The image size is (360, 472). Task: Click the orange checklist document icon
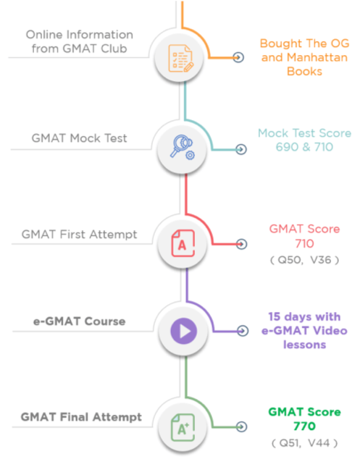[x=181, y=58]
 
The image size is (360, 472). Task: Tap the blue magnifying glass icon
[x=183, y=147]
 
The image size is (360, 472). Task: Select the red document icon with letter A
[x=183, y=243]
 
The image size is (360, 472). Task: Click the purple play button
[x=183, y=331]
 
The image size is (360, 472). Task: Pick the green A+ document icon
[x=183, y=427]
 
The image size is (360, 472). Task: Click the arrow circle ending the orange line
[x=238, y=57]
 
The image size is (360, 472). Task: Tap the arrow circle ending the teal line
[x=241, y=149]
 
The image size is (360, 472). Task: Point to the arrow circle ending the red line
[x=242, y=244]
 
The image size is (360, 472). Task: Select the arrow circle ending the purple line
[x=243, y=331]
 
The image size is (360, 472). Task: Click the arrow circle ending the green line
[x=242, y=426]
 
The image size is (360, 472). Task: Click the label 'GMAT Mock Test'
[x=79, y=138]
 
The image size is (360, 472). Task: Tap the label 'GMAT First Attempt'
[x=79, y=235]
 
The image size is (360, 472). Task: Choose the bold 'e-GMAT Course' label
[x=79, y=321]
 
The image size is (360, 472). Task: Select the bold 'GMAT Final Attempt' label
[x=81, y=417]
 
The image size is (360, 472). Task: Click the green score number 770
[x=304, y=426]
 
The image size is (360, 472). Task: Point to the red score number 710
[x=304, y=243]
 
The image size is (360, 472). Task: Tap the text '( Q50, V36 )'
[x=304, y=260]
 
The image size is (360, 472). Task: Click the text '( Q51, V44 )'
[x=304, y=443]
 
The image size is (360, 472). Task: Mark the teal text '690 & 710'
[x=304, y=147]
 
